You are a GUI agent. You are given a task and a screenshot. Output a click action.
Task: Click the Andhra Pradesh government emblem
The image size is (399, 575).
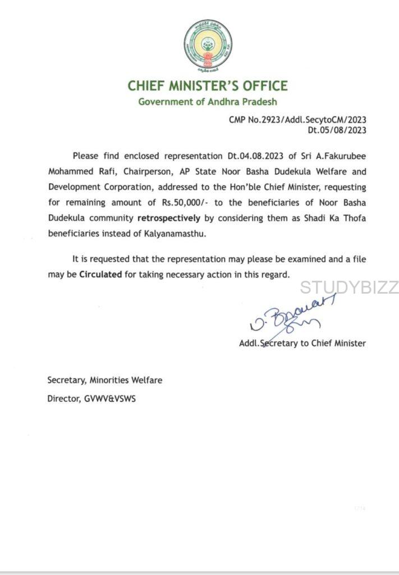pos(207,45)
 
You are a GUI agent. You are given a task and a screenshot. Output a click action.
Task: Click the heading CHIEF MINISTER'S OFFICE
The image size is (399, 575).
pos(207,86)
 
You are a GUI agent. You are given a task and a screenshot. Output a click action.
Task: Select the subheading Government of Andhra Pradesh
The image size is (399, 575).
pos(207,102)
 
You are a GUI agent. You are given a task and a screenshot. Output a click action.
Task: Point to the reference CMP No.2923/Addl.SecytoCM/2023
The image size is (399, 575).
pos(297,120)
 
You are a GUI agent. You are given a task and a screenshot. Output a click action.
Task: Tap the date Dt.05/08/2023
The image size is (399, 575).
pos(337,130)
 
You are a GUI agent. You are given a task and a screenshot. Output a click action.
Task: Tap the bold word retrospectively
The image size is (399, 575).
pos(172,218)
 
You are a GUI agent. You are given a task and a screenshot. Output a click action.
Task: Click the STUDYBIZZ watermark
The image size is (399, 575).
pos(348,287)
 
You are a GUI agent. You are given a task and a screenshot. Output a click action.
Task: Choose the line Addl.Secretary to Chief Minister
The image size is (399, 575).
pos(302,343)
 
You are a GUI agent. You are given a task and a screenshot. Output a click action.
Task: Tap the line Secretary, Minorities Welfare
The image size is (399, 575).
pos(104,380)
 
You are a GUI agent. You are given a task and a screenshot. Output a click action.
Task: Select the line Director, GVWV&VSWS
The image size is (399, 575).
pos(91,399)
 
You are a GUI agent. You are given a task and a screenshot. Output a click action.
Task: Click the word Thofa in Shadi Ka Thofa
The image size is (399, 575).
pos(354,218)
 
